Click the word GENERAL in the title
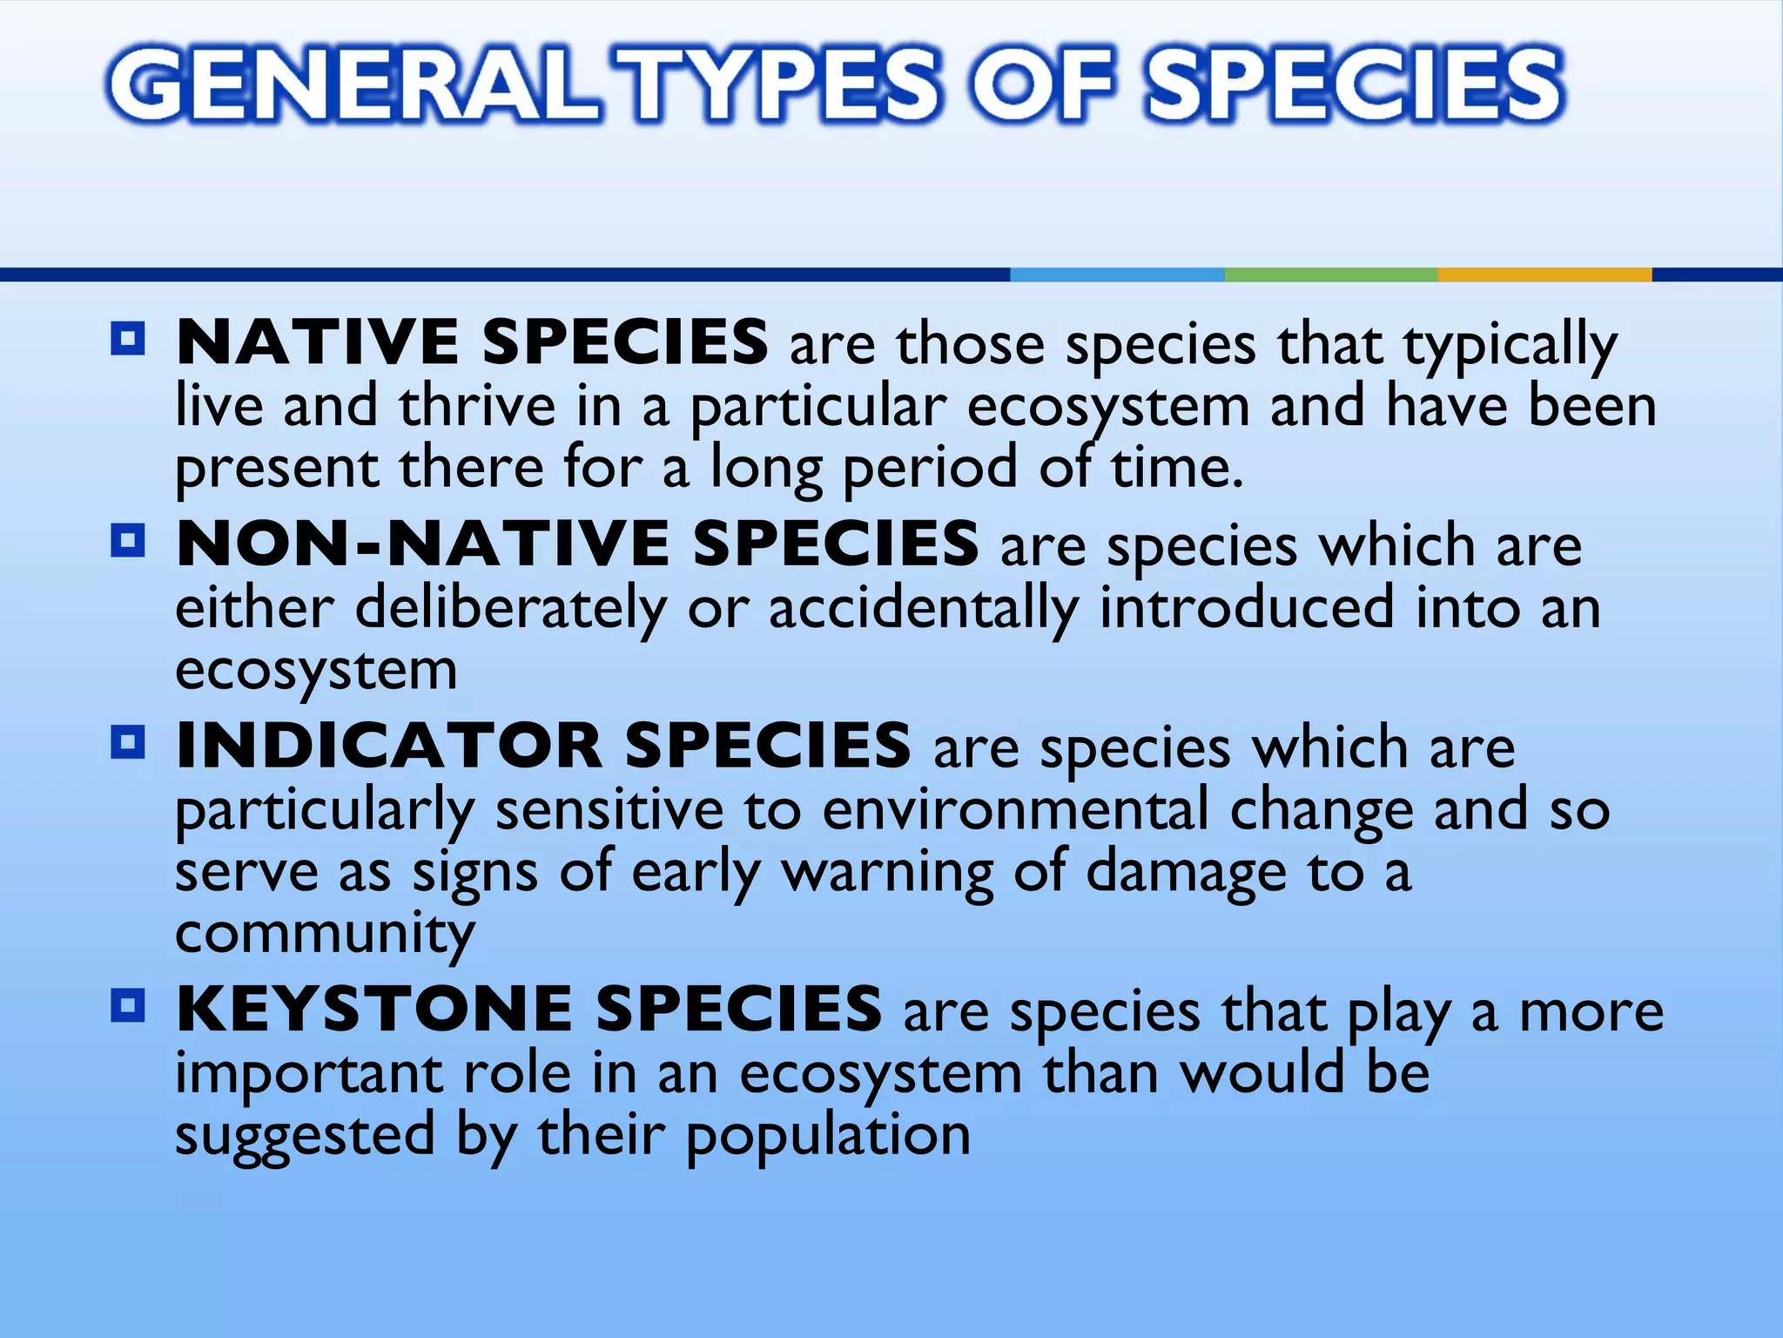[x=353, y=84]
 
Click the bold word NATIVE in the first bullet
[x=317, y=341]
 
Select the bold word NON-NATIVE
[x=422, y=544]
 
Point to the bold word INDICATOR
[x=388, y=746]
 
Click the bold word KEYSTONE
[x=374, y=1009]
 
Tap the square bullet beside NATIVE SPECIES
[x=128, y=339]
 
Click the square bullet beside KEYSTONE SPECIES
[x=128, y=1006]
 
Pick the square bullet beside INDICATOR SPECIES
[x=128, y=743]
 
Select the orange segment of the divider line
[x=1544, y=275]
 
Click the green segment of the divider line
[x=1330, y=275]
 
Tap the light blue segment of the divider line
[x=1117, y=275]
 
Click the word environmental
[x=1015, y=810]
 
